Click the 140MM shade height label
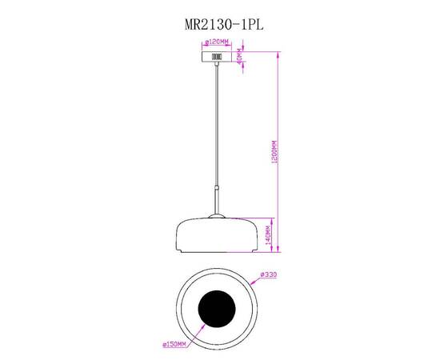(270, 233)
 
